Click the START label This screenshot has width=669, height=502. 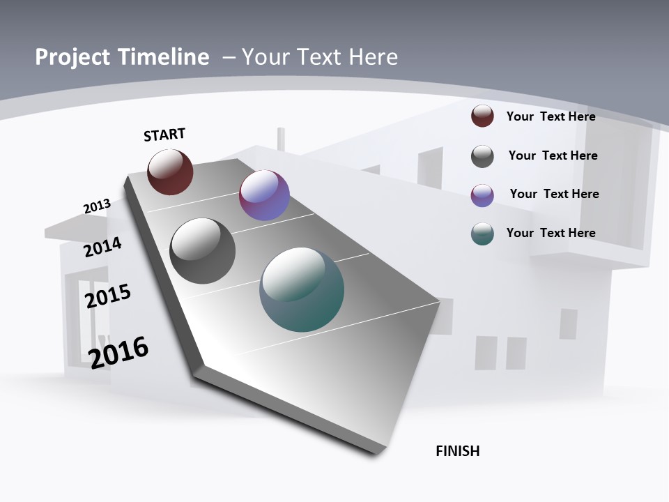[x=164, y=135]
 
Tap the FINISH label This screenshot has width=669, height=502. [x=458, y=451]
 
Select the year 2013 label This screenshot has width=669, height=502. [x=97, y=206]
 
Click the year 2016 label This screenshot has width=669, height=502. [x=119, y=353]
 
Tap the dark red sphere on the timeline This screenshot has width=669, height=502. [x=170, y=172]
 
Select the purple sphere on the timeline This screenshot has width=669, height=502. [x=264, y=195]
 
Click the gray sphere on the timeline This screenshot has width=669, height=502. [x=203, y=251]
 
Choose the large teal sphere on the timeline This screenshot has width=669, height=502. [x=302, y=289]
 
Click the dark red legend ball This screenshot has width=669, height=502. [x=482, y=116]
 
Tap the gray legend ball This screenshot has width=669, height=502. [x=482, y=156]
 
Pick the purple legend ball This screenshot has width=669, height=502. [x=482, y=195]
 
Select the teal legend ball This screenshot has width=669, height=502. [x=482, y=234]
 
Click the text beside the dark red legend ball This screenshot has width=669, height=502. [x=551, y=116]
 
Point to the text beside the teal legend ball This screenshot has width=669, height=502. [x=551, y=233]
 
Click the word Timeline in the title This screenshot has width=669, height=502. [x=164, y=57]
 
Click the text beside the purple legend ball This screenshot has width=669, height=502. [x=554, y=194]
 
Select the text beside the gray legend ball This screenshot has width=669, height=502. [x=553, y=155]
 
